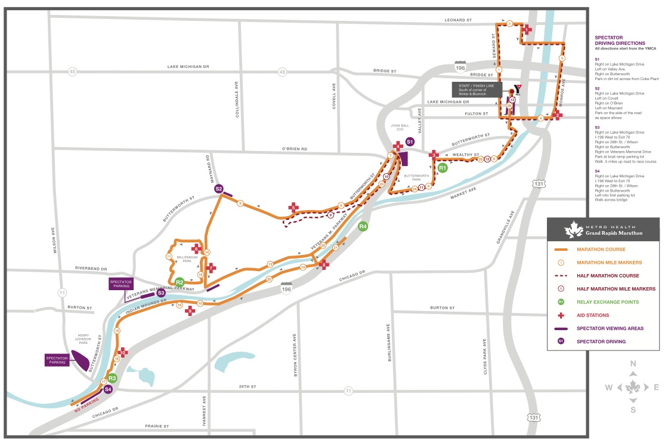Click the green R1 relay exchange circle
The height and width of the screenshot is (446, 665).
[443, 168]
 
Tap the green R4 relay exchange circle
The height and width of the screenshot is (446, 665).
[363, 226]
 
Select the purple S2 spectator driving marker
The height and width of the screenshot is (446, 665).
[219, 189]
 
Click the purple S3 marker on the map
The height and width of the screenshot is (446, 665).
[160, 293]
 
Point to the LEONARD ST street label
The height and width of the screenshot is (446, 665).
[459, 20]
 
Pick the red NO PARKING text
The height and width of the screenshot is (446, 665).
[87, 407]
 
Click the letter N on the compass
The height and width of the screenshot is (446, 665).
[633, 364]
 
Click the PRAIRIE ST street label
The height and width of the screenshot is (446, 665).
[157, 426]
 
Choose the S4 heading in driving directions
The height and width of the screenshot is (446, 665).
[597, 171]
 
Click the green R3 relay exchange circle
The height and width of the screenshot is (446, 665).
[112, 378]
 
